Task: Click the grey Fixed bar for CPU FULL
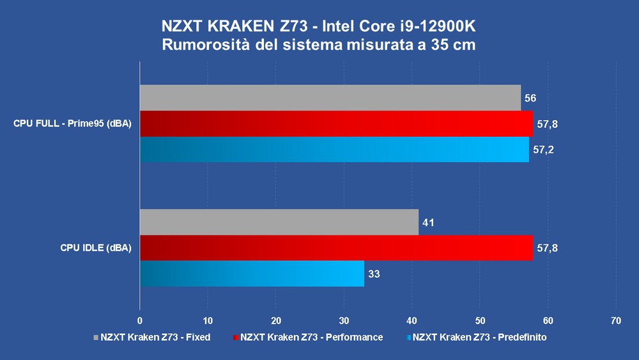tap(330, 98)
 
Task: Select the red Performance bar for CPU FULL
tap(336, 123)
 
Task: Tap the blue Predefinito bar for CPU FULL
tap(334, 150)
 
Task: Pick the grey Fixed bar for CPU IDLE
tap(279, 222)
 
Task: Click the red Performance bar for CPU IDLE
tap(336, 247)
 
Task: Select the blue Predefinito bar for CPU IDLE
tap(252, 274)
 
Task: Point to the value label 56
tap(530, 98)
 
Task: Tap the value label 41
tap(427, 223)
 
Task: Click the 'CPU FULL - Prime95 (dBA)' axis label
tap(72, 124)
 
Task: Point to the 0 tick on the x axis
tap(140, 320)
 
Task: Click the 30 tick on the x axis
tap(344, 320)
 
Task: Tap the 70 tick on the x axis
tap(615, 320)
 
